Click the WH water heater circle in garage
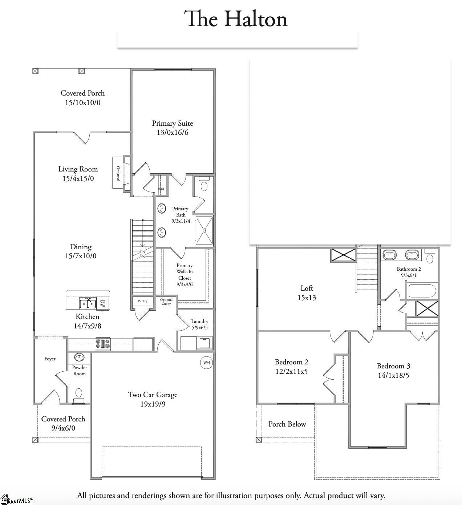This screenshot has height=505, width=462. pos(206,363)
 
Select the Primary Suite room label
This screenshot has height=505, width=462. pos(173,124)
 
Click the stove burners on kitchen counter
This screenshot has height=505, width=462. pos(102,344)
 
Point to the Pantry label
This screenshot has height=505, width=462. pos(143,301)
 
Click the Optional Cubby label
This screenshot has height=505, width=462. pos(166,302)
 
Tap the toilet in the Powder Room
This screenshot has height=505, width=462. pos(79,393)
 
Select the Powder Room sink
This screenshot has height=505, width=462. pos(79,357)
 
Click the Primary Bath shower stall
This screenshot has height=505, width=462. pos(204,230)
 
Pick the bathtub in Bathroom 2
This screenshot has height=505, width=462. pos(422,291)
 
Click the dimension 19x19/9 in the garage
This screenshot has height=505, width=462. pos(153,404)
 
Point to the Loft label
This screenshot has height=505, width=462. pos(307,288)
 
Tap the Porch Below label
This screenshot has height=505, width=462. pos(287,424)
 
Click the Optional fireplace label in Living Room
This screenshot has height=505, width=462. pos(118,173)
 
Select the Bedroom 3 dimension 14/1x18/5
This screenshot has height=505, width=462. pos(393,375)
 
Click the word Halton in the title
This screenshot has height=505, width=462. pos(256,19)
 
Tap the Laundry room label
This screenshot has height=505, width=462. pos(200,321)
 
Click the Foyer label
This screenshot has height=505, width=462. pos(50,359)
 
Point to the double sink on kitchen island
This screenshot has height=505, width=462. pos(88,303)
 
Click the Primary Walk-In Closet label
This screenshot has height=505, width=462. pos(185,275)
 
